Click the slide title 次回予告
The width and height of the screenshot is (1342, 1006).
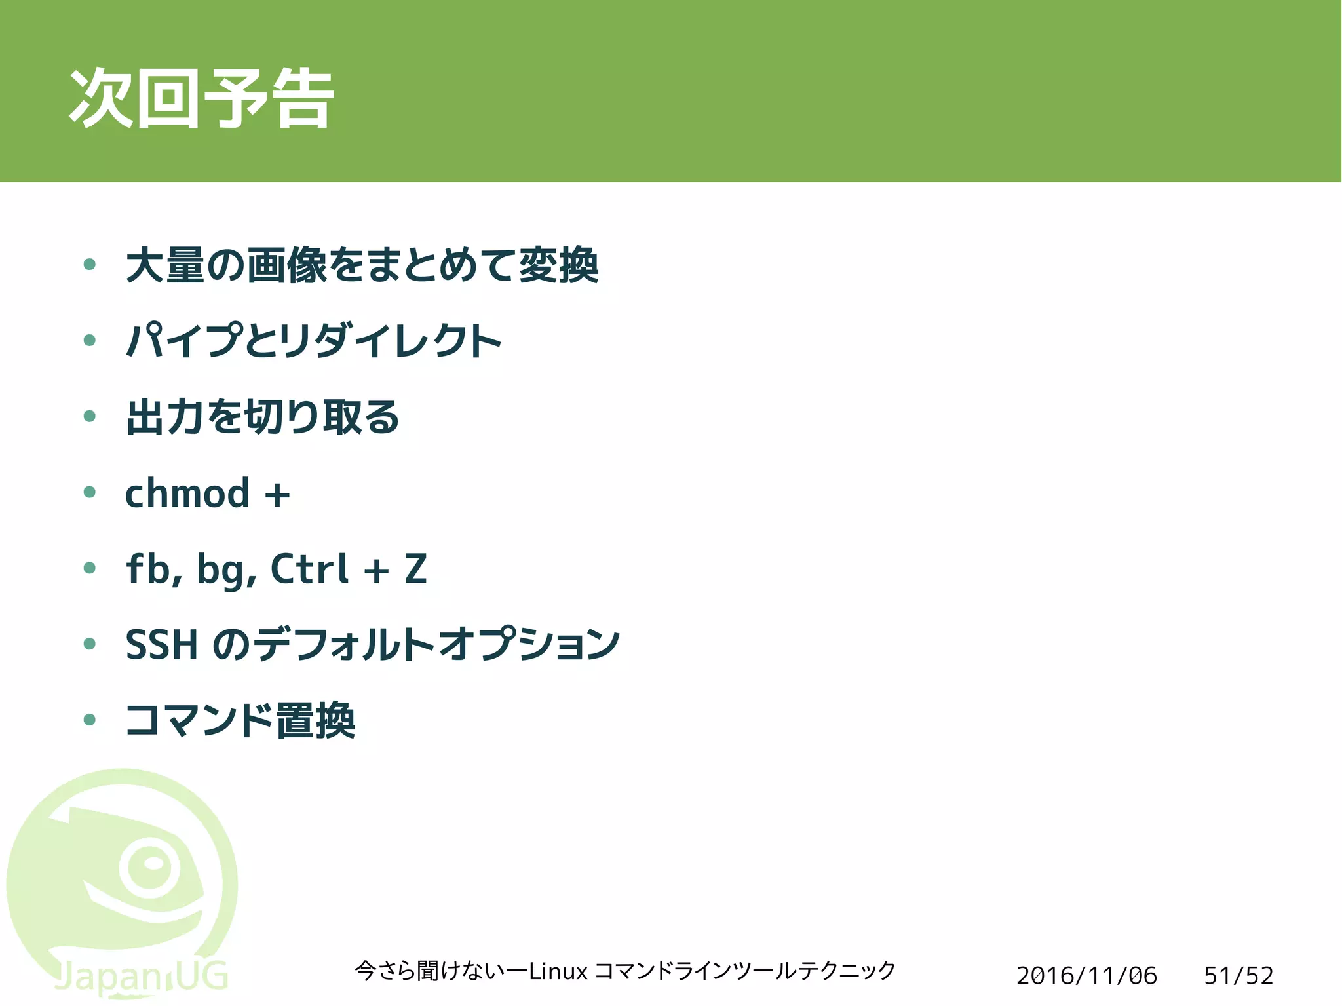202,98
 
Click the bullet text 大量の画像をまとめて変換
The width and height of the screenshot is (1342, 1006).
362,265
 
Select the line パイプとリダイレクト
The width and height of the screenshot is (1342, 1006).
313,341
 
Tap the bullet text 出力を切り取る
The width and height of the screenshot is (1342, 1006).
262,417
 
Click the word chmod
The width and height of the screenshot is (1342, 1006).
187,493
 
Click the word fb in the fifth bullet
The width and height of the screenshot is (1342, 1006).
149,568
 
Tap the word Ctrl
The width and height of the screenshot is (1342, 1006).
309,568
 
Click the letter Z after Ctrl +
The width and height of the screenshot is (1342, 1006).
415,569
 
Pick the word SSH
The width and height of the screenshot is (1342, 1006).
161,644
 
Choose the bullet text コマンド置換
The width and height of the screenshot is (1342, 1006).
240,720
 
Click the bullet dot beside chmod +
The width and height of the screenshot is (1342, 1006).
90,492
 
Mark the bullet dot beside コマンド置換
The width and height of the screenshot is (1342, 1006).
90,720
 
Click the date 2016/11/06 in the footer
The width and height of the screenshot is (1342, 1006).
1086,976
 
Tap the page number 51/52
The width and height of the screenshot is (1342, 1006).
1238,976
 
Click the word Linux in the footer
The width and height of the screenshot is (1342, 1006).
558,971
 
